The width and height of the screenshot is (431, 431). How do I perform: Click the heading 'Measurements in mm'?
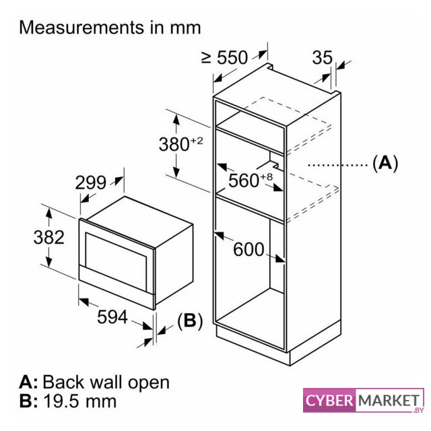(110, 28)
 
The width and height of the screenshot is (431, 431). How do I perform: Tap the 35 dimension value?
(323, 57)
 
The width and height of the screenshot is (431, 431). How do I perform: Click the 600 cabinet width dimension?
(248, 249)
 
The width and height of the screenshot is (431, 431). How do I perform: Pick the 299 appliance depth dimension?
(91, 183)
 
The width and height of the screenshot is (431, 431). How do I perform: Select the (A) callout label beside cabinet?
(385, 162)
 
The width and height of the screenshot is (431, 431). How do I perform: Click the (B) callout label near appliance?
(190, 321)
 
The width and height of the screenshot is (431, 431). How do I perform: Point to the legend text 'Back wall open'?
(106, 383)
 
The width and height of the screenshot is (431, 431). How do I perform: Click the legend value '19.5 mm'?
(79, 402)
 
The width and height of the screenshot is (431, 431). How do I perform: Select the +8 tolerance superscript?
(267, 176)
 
